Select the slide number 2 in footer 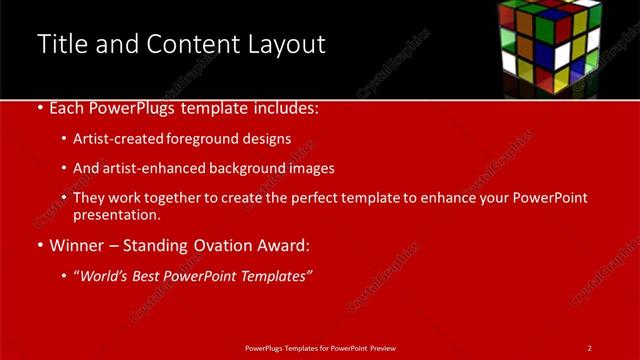589,348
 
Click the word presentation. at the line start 116,214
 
